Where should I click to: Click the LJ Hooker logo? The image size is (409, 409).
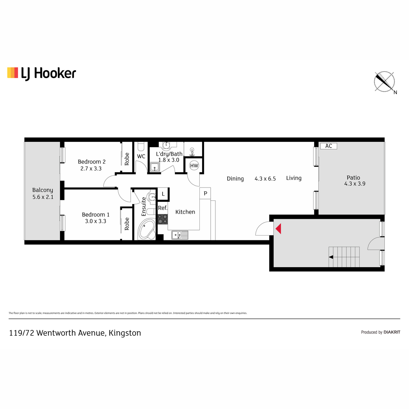point(42,74)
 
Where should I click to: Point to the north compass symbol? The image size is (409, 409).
point(384,82)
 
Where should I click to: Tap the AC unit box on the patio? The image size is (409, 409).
point(329,146)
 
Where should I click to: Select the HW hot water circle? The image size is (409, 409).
point(194,166)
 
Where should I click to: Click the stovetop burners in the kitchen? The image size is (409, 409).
point(163,219)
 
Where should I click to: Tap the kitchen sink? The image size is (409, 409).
point(180,235)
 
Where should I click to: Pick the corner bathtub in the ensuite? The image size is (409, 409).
point(147,229)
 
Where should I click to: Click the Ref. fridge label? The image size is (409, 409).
point(163,208)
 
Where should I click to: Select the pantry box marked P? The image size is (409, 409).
point(205,193)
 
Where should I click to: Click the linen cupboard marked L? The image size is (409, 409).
point(163,194)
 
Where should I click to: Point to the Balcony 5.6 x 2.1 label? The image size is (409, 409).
point(43,194)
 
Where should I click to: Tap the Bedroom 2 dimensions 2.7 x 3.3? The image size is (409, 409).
point(91,168)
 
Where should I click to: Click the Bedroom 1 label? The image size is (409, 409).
point(96,215)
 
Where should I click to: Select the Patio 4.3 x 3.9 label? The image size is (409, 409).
point(354,181)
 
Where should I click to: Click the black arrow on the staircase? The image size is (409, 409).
point(331,257)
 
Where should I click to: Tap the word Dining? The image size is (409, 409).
point(235,179)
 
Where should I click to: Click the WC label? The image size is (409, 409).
point(141,156)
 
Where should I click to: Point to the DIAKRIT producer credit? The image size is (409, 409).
point(392,332)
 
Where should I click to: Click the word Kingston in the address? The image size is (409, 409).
point(125,333)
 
